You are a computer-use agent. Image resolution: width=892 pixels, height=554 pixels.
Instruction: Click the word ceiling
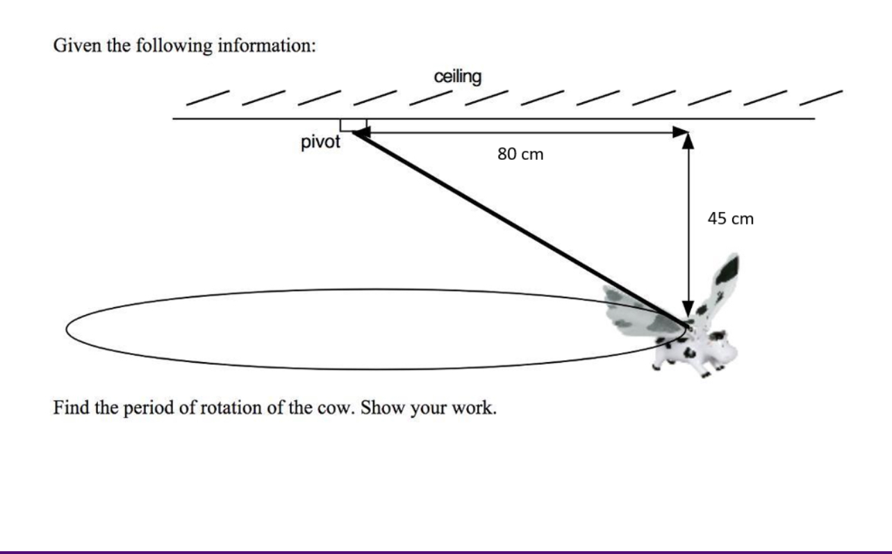(457, 76)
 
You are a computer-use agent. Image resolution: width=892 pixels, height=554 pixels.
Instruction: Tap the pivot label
(320, 142)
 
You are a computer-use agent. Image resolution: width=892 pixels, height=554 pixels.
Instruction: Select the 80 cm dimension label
(520, 154)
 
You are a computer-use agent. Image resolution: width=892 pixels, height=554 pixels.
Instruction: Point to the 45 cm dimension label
(730, 219)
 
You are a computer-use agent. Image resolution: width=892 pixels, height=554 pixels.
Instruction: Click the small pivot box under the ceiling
(353, 124)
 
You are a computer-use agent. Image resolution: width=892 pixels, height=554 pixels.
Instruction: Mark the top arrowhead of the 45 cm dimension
(688, 141)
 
